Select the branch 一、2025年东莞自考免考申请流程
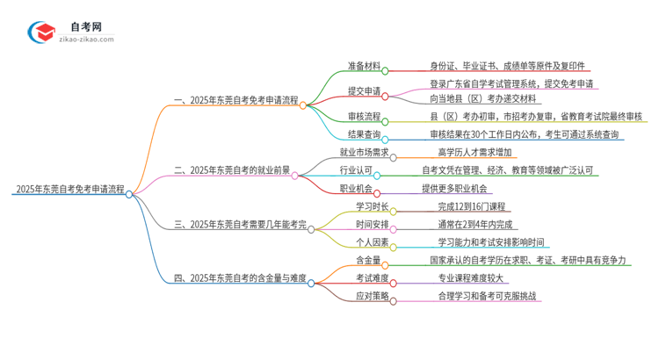tap(230, 100)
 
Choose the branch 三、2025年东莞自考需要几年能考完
tap(240, 225)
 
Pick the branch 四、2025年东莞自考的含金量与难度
tap(239, 278)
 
